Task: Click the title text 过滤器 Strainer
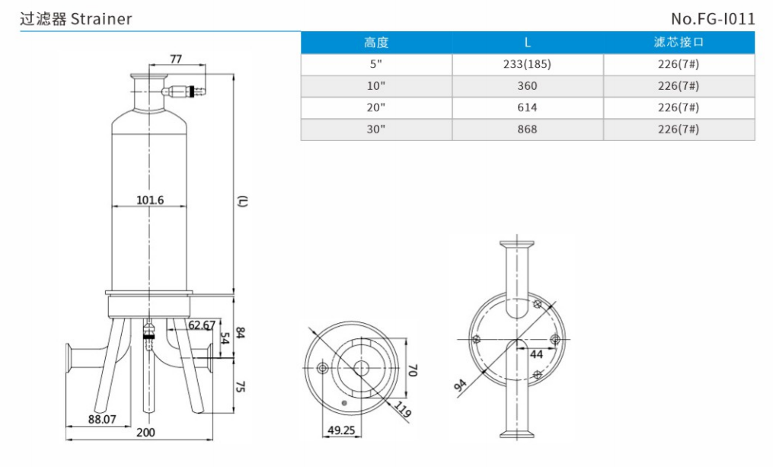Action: point(75,18)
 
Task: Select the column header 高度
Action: point(376,43)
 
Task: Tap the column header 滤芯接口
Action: point(679,43)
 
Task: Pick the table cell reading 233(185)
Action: point(527,65)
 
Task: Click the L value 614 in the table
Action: point(527,108)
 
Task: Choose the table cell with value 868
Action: point(527,130)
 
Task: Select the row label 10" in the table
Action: point(376,86)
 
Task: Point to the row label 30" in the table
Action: point(376,130)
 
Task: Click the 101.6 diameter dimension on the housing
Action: point(150,200)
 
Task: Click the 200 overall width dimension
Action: point(145,433)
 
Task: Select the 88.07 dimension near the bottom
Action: point(102,419)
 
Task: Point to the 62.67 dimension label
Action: point(201,325)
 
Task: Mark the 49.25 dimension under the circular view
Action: point(342,430)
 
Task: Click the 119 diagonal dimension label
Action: point(402,411)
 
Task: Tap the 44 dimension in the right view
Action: point(536,353)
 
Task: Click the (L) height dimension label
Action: point(242,201)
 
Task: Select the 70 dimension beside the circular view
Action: point(414,371)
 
